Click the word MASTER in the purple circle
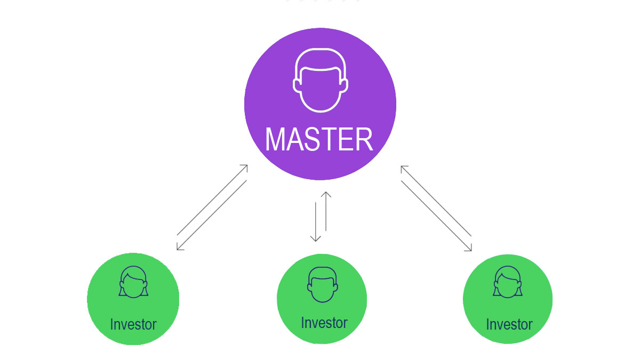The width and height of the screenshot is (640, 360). (319, 139)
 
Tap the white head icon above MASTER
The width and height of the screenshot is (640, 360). (320, 80)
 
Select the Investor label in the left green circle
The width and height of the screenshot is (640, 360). (133, 324)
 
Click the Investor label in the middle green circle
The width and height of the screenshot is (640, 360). (324, 323)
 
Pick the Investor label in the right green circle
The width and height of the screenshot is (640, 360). (509, 324)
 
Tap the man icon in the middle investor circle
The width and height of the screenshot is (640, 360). (322, 284)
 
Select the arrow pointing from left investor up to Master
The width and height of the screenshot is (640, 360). (212, 199)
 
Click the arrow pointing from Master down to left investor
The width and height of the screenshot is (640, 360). (212, 215)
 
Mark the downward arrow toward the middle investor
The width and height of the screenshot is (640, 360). (316, 221)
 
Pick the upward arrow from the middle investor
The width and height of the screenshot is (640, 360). (326, 211)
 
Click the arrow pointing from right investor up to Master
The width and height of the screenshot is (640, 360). (436, 201)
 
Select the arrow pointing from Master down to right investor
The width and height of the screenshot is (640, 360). (437, 216)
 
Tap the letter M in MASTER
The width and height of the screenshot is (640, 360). (277, 139)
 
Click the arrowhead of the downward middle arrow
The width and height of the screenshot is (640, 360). (316, 239)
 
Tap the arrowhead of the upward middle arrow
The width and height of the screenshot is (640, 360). (326, 194)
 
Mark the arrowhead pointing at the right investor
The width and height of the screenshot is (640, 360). (470, 248)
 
